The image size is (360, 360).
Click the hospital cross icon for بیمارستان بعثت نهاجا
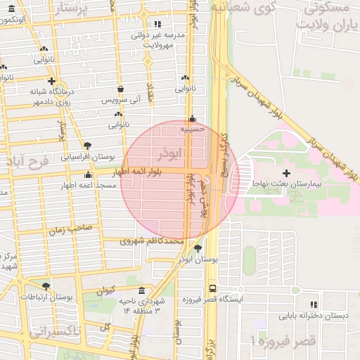(x=285, y=172)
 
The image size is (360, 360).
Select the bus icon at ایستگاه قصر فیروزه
(x=213, y=288)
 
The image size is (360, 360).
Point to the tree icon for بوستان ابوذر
(x=198, y=248)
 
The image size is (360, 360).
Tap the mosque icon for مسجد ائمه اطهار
(x=88, y=174)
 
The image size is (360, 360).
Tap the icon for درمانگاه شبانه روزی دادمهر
(x=51, y=80)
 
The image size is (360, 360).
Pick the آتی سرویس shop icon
(x=121, y=89)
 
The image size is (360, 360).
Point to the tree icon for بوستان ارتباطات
(x=46, y=286)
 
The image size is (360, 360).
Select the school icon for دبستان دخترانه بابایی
(x=314, y=304)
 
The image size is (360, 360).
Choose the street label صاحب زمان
(x=70, y=228)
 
